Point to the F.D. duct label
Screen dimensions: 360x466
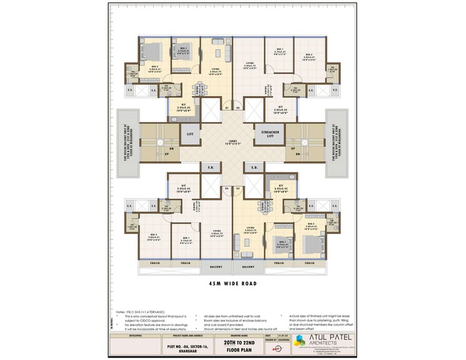tap(209, 167)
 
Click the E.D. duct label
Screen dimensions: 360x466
tap(255, 167)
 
